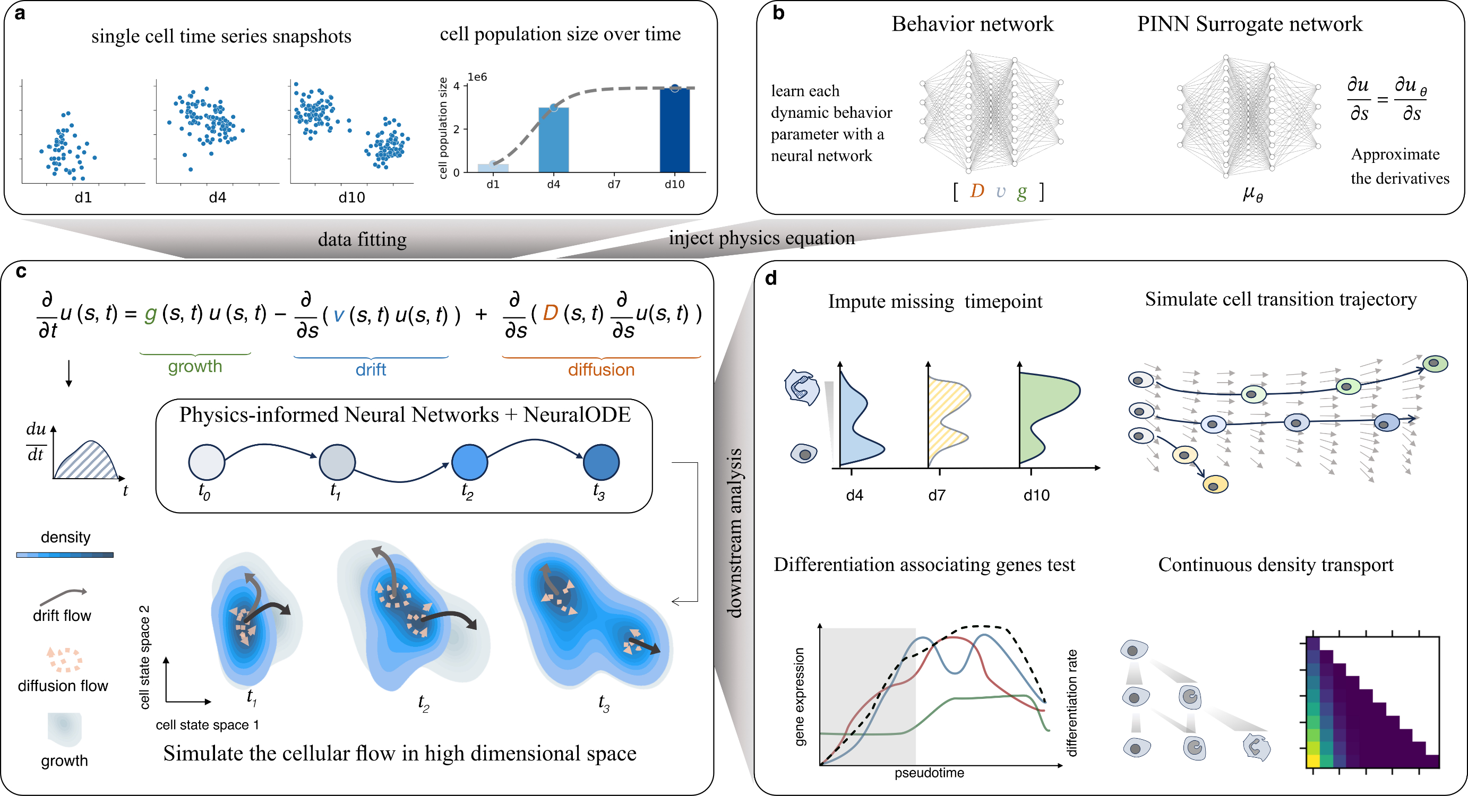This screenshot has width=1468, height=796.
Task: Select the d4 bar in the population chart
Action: (x=553, y=140)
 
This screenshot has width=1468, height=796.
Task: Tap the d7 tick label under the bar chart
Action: (x=614, y=185)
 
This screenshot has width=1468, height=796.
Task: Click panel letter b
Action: (x=778, y=13)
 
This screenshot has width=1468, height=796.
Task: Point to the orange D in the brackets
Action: (x=977, y=191)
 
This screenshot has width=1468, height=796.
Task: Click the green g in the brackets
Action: (x=1022, y=192)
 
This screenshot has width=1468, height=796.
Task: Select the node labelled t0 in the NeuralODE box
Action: (x=207, y=462)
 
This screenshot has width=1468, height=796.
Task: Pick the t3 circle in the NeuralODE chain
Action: (x=600, y=462)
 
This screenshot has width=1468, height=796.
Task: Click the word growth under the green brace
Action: (x=195, y=366)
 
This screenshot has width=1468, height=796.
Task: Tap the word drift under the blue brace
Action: (x=371, y=370)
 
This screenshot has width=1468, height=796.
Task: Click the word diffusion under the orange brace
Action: (x=600, y=370)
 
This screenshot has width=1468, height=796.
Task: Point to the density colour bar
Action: (x=65, y=555)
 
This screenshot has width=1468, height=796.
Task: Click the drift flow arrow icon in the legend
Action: (x=63, y=596)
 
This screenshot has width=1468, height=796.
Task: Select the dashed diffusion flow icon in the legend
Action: (x=64, y=659)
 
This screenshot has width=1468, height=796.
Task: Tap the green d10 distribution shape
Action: (x=1046, y=416)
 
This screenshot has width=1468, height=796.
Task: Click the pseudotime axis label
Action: (x=929, y=773)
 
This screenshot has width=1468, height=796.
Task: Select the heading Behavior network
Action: (x=972, y=24)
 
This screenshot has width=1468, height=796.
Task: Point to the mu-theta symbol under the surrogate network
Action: (x=1252, y=194)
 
